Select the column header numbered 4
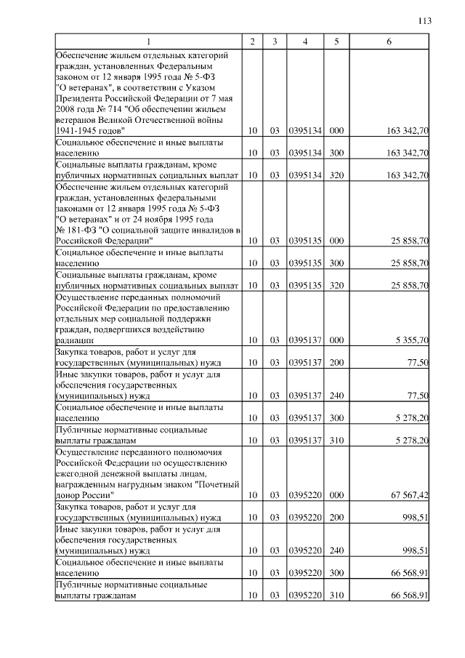coord(305,41)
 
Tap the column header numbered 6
coord(389,41)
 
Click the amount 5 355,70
coord(411,340)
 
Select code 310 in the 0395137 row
coord(336,441)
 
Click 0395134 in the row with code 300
coord(305,153)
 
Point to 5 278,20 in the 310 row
coord(411,441)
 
